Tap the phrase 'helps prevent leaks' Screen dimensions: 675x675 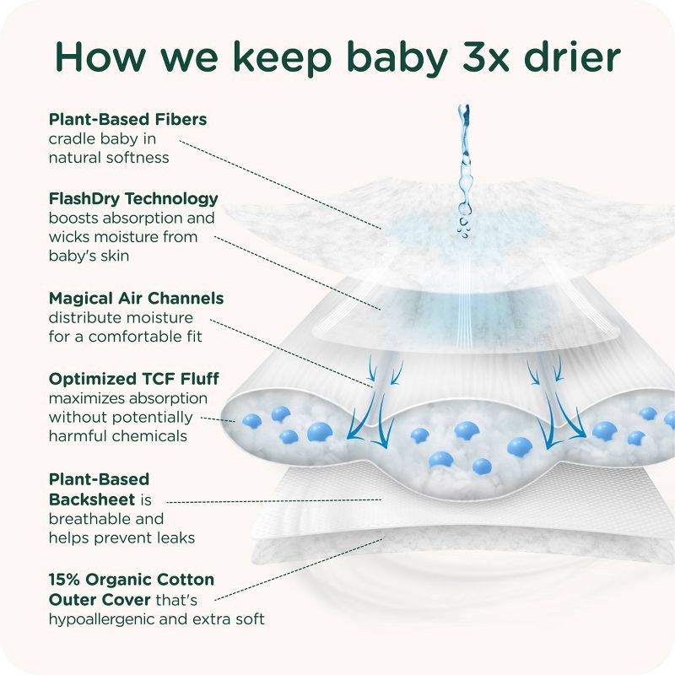[121, 537]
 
